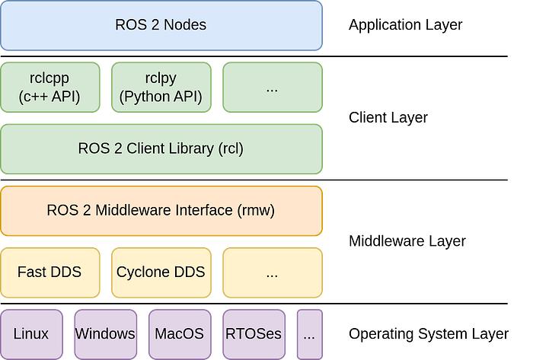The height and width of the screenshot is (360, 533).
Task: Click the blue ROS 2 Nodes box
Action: pyautogui.click(x=161, y=25)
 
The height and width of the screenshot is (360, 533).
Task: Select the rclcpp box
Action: pyautogui.click(x=51, y=88)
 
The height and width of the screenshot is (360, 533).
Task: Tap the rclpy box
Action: pyautogui.click(x=161, y=88)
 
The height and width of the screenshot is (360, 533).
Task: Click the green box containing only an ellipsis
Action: pyautogui.click(x=272, y=88)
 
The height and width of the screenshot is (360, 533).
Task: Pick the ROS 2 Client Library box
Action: pyautogui.click(x=161, y=148)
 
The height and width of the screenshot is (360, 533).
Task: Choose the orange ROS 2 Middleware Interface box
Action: pyautogui.click(x=161, y=210)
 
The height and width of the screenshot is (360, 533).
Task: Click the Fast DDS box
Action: pyautogui.click(x=51, y=272)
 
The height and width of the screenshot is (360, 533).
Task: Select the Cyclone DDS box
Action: pyautogui.click(x=161, y=272)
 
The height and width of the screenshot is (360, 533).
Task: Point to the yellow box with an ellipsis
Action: pyautogui.click(x=272, y=272)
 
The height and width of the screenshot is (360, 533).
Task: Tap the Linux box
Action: pyautogui.click(x=31, y=333)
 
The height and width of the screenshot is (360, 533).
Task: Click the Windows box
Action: pyautogui.click(x=105, y=333)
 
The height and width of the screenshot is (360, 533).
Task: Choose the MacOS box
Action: pyautogui.click(x=179, y=333)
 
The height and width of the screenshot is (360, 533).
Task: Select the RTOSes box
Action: pyautogui.click(x=253, y=333)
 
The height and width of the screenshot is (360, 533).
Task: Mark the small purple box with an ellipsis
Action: pyautogui.click(x=308, y=333)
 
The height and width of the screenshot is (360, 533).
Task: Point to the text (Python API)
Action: pyautogui.click(x=161, y=97)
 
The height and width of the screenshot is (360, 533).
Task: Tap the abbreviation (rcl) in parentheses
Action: pyautogui.click(x=230, y=148)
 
